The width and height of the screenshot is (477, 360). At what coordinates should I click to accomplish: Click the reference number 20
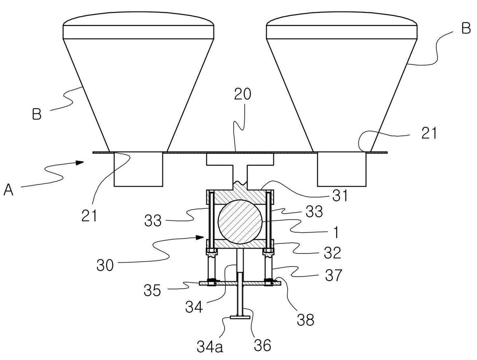pos(242,94)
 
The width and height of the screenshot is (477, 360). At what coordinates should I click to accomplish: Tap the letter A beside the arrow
pos(8,190)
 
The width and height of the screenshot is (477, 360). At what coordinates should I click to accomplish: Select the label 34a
pos(210,346)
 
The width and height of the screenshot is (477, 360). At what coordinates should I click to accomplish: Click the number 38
pos(306,319)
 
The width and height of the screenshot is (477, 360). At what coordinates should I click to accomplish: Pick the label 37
pos(334,275)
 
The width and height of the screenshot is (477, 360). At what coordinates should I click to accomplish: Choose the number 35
pos(152,290)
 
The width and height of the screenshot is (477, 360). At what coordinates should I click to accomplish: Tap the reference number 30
pos(105,265)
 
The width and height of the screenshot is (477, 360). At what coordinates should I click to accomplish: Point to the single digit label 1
pos(336,232)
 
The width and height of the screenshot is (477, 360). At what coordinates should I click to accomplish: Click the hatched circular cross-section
pos(240,222)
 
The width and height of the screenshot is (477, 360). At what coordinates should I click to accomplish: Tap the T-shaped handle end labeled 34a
pos(240,317)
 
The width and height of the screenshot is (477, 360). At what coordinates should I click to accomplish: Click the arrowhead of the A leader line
pos(80,162)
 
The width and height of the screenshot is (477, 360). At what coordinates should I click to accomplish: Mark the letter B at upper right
pos(466,28)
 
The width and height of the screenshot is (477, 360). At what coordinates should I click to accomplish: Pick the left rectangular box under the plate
pos(138,169)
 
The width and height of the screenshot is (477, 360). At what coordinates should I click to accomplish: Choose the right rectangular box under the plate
pos(342,169)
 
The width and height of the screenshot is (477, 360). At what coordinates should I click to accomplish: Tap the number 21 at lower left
pos(89,216)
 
